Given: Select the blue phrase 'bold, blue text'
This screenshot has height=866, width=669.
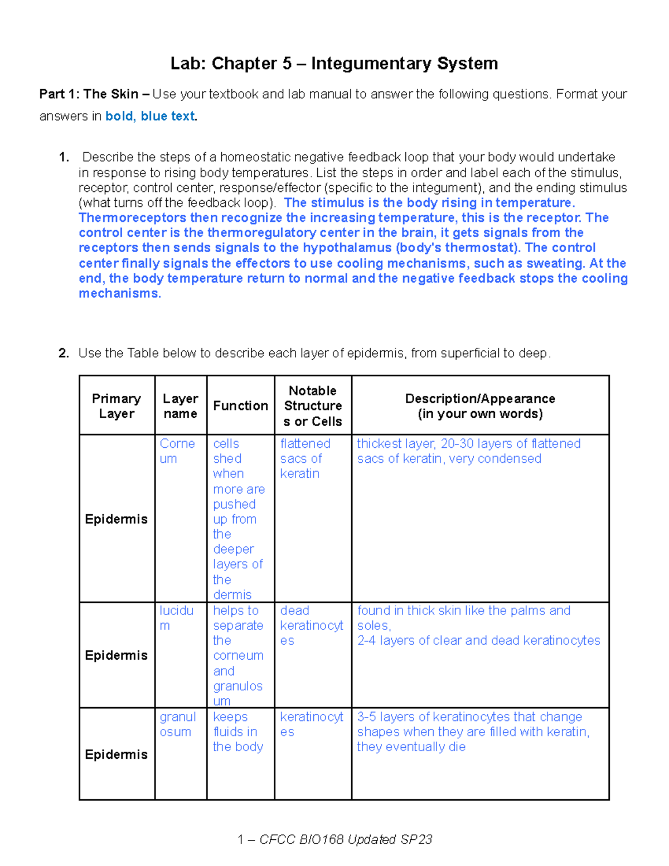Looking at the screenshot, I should [x=150, y=116].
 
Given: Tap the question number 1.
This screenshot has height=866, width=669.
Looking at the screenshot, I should [x=64, y=157].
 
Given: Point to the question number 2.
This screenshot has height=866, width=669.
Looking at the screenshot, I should [x=64, y=353].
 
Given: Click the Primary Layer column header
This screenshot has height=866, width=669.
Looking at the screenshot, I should [x=117, y=405].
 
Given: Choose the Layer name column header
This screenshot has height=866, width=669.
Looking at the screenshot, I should [x=180, y=405].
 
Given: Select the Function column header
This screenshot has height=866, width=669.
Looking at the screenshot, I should [x=240, y=405].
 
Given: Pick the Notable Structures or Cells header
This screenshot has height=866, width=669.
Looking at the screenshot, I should [x=313, y=405].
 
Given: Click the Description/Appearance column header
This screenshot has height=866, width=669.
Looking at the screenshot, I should [x=480, y=405].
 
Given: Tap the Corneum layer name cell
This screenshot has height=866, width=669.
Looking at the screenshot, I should [x=177, y=451].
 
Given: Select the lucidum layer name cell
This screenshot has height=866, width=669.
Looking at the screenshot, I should [x=176, y=618].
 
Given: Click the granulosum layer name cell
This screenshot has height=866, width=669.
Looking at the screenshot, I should [x=177, y=724].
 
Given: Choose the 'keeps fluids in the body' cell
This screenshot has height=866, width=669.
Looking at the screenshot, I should [x=237, y=732].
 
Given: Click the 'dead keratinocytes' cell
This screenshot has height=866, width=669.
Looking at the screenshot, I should [x=311, y=625].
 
